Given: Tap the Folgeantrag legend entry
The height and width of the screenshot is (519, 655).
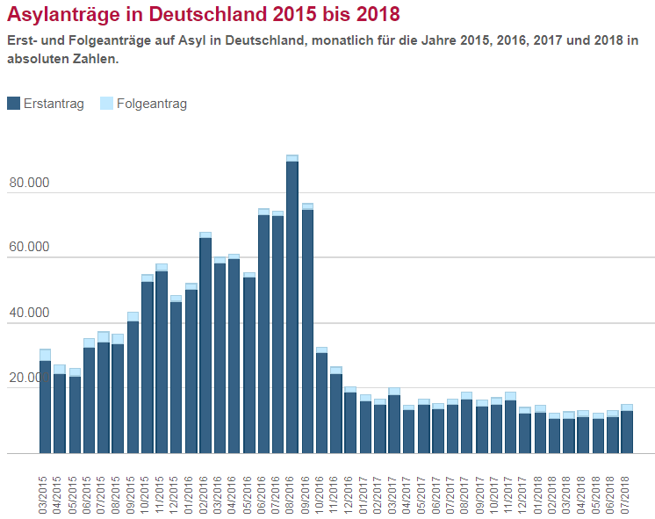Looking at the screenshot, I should coord(144,104).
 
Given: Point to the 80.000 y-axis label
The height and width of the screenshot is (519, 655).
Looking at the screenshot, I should coord(30,184).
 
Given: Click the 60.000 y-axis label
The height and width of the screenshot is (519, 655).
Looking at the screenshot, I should coord(30,249).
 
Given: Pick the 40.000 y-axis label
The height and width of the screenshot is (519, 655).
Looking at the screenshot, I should coord(30,314).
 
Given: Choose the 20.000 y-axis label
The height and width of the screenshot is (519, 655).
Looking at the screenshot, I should coord(30,378).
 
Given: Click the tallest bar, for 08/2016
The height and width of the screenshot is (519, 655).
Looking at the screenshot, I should coord(292,307).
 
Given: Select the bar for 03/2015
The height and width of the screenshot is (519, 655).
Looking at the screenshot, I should coord(45,404).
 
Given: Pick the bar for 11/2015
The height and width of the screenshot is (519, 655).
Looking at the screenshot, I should coord(162,360).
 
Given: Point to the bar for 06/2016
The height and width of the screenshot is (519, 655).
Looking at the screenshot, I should coord(263,334).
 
